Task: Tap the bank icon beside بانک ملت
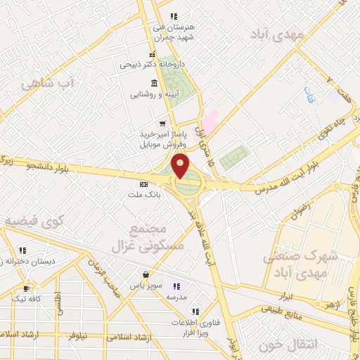[144, 184]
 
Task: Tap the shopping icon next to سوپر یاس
[145, 274]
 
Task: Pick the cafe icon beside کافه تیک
[26, 288]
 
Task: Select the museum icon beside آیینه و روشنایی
[155, 82]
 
